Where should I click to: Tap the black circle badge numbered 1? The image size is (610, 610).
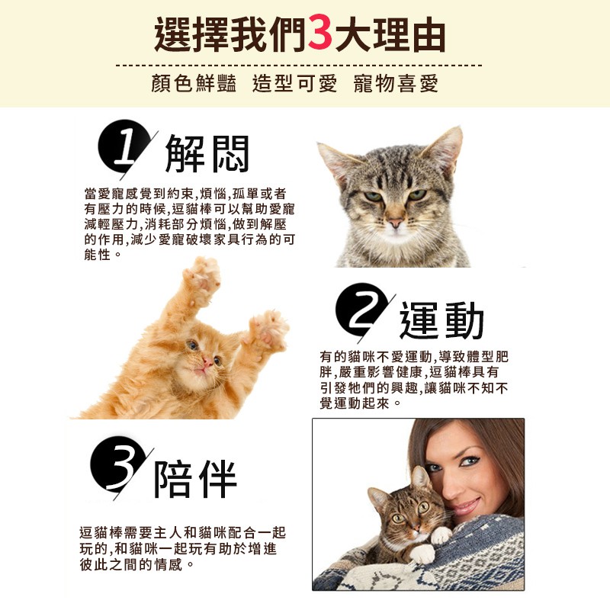[x=124, y=146]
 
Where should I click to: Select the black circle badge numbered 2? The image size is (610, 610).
[x=361, y=310]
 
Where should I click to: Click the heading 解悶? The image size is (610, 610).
[x=207, y=154]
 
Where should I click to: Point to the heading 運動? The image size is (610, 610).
[x=442, y=320]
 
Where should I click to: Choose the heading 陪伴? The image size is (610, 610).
[x=195, y=479]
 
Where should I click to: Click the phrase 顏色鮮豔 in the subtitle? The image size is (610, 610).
[x=194, y=83]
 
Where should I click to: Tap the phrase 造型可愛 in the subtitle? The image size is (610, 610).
[x=294, y=83]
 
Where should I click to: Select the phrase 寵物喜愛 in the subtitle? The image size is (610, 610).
[x=396, y=83]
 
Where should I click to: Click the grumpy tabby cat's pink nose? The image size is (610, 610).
[x=395, y=223]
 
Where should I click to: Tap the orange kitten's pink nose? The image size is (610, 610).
[x=207, y=363]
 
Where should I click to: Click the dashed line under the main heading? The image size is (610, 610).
[x=299, y=65]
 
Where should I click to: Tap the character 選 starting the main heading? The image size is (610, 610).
[x=172, y=34]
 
